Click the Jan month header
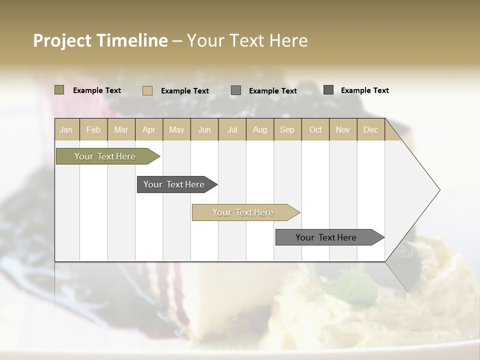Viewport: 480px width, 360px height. click(x=66, y=129)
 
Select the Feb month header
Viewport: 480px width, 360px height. click(x=93, y=129)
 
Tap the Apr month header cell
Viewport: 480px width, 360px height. click(x=148, y=129)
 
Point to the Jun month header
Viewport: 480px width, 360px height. click(x=204, y=129)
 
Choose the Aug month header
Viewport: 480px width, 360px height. click(x=259, y=129)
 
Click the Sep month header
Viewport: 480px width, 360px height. click(x=287, y=129)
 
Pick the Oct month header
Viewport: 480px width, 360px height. click(x=315, y=129)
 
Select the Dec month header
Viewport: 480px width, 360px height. click(x=370, y=129)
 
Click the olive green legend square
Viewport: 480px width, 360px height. click(x=59, y=90)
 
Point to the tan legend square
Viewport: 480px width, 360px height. click(x=147, y=90)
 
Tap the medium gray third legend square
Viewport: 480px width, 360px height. click(x=236, y=90)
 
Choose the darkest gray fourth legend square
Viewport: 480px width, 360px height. click(x=328, y=90)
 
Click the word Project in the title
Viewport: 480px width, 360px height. click(x=62, y=40)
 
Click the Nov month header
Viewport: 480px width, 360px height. click(x=343, y=129)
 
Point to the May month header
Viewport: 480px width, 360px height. click(x=176, y=129)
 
